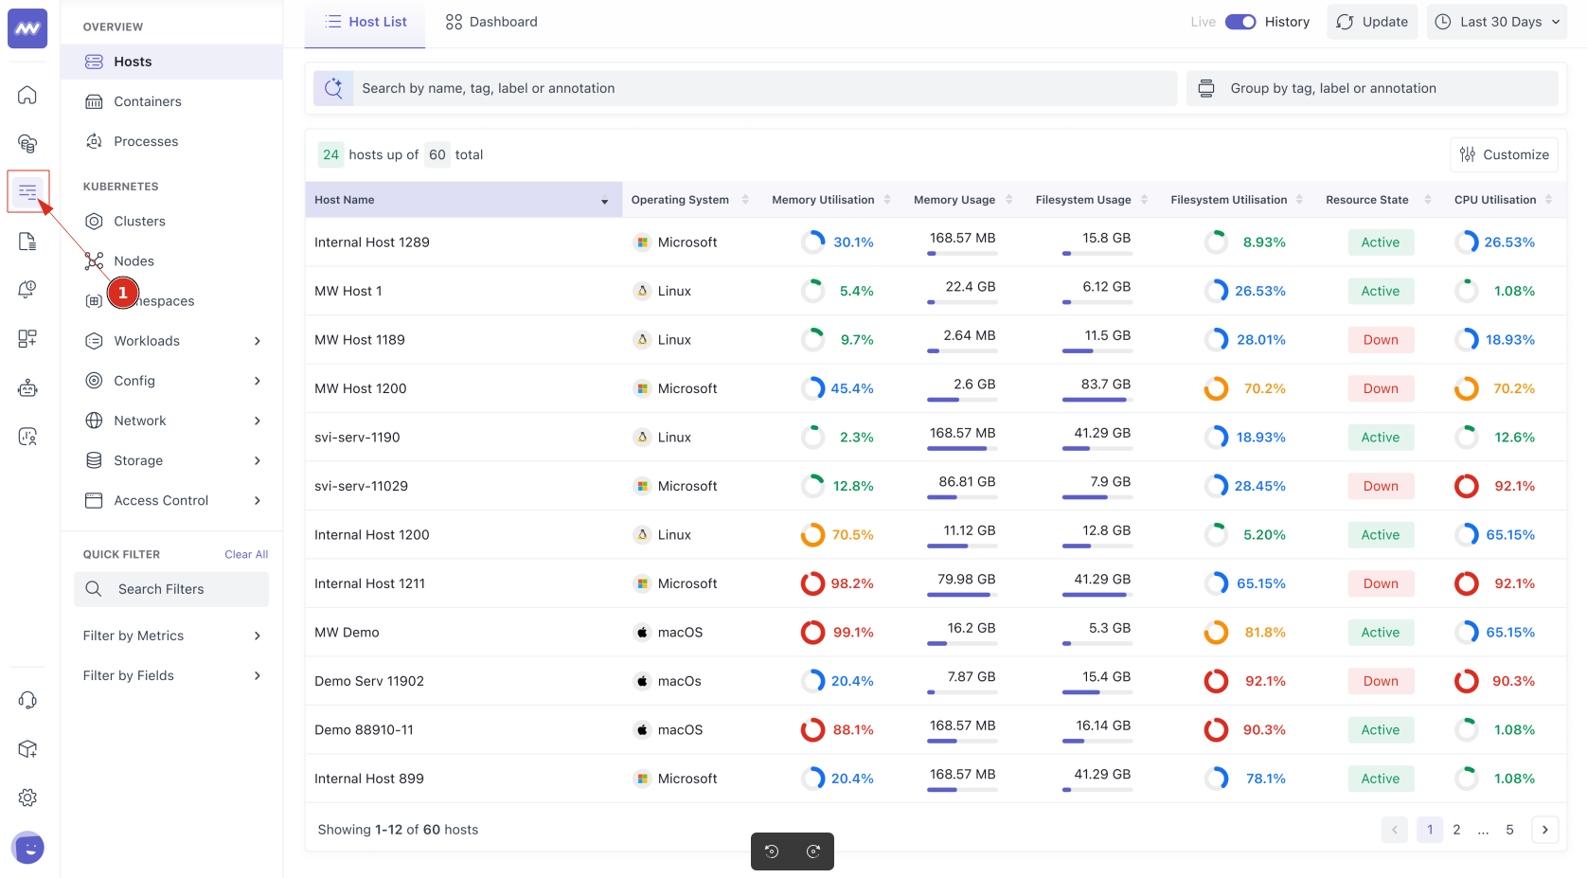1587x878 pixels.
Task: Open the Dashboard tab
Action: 491,22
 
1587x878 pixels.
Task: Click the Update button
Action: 1372,22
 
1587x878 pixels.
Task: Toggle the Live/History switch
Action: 1240,22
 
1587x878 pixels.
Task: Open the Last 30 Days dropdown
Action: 1497,22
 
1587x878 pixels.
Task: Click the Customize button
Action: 1504,154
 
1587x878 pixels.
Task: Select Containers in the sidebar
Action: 147,101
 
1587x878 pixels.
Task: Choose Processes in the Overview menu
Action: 146,141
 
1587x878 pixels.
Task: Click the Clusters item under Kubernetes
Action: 139,221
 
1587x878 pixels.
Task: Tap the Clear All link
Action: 246,554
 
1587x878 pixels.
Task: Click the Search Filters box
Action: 171,589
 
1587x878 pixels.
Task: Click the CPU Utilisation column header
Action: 1494,200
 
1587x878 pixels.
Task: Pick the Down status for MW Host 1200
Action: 1381,388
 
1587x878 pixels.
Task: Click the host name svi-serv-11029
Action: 361,486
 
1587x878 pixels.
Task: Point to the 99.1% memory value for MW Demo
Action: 852,633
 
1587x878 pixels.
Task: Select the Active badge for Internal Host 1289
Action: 1381,242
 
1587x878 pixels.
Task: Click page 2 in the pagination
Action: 1456,830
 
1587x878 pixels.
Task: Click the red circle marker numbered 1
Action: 123,293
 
